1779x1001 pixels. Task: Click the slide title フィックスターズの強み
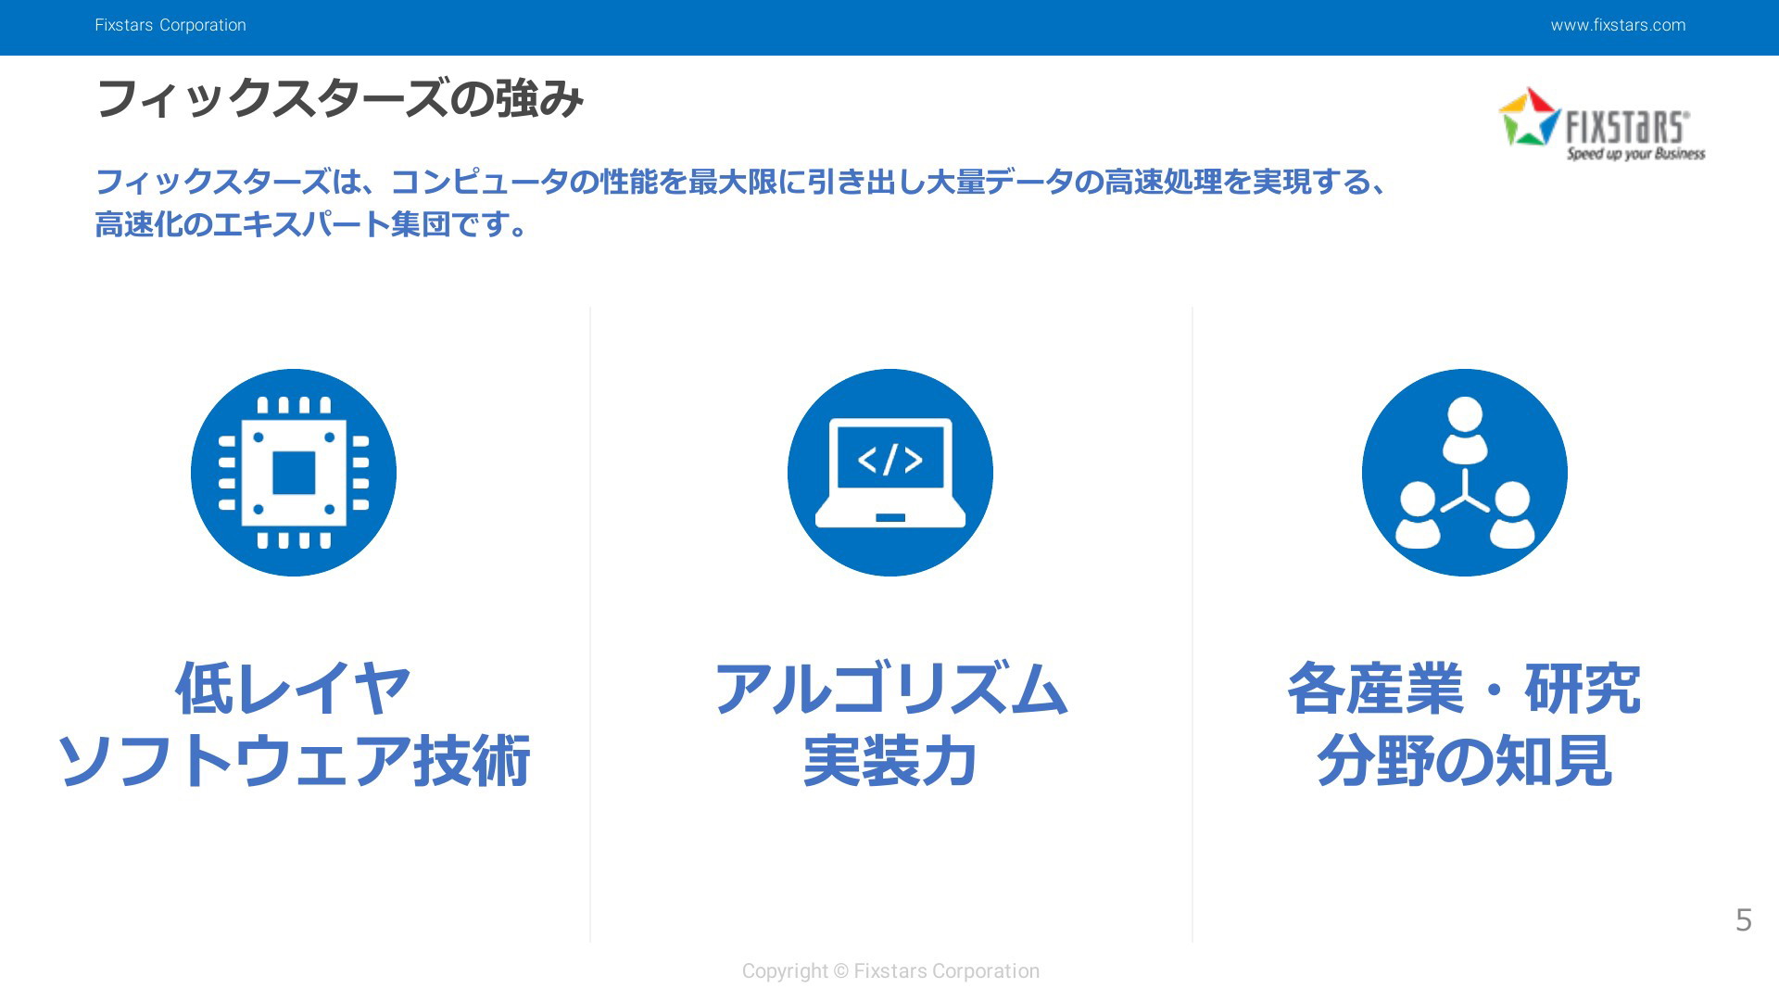coord(339,98)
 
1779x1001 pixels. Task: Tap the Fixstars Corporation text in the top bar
coord(170,25)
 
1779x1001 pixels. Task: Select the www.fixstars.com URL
coord(1618,25)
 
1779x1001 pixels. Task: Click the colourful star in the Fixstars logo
coord(1530,117)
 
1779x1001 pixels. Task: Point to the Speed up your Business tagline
coord(1635,153)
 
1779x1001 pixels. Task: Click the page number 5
coord(1743,920)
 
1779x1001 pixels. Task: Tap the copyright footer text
coord(890,970)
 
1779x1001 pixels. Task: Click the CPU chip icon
coord(294,473)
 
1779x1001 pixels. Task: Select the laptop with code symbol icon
coord(890,473)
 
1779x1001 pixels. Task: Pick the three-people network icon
coord(1465,473)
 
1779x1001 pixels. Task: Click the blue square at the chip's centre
coord(294,473)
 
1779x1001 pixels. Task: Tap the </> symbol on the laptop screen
coord(890,459)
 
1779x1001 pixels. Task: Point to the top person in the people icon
coord(1465,429)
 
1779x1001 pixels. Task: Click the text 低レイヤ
coord(294,689)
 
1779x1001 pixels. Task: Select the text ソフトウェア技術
coord(294,761)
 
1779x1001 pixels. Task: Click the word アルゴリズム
coord(890,689)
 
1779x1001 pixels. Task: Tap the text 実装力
coord(890,761)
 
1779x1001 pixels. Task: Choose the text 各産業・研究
coord(1465,689)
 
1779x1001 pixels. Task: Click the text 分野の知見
coord(1465,761)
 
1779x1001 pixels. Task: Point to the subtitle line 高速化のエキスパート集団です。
coord(312,224)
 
